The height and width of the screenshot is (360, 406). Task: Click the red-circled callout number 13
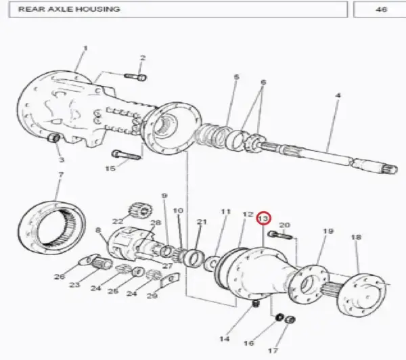[x=263, y=219]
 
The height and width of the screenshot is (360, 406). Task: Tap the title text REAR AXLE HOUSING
[x=69, y=9]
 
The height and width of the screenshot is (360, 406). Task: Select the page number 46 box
[x=380, y=9]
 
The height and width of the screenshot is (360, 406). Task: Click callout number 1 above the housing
[x=85, y=48]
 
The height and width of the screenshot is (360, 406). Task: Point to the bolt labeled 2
[x=135, y=76]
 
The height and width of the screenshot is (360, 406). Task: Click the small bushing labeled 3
[x=53, y=137]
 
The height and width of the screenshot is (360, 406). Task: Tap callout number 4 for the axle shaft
[x=338, y=95]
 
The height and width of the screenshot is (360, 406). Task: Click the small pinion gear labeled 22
[x=141, y=211]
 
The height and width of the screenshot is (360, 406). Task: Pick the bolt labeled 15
[x=126, y=155]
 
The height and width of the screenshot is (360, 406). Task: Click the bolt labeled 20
[x=281, y=235]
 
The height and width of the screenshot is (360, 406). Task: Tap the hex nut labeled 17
[x=290, y=320]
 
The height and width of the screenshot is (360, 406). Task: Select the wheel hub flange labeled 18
[x=362, y=294]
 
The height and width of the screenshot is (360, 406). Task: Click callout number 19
[x=328, y=231]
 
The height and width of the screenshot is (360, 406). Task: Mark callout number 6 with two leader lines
[x=263, y=83]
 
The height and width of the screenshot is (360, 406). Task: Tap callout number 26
[x=60, y=277]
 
